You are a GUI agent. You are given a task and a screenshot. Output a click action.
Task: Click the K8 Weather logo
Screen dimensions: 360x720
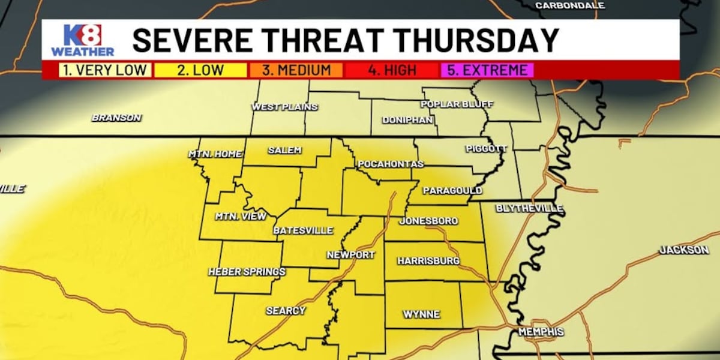click(82, 40)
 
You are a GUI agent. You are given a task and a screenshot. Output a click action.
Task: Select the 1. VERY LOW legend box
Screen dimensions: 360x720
click(106, 70)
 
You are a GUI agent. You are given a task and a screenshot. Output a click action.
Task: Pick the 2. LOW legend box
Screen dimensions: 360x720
click(200, 70)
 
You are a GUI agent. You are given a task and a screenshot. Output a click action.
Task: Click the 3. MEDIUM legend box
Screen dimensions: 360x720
click(296, 70)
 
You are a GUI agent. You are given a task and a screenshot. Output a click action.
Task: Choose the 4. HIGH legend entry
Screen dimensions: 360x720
click(392, 70)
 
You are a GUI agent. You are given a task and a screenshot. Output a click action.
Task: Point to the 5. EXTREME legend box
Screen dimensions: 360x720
click(487, 70)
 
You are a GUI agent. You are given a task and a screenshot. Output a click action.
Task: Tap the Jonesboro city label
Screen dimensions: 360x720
click(428, 221)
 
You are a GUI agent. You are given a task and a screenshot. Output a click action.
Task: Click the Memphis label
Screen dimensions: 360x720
click(541, 332)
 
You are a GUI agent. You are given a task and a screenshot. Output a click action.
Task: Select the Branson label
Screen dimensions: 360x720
click(116, 118)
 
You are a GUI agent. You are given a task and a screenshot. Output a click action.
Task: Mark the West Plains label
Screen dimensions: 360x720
click(284, 107)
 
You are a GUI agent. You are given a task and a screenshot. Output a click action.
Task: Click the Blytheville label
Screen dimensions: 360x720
click(529, 208)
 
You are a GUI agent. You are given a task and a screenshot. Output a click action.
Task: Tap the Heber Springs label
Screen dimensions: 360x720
click(247, 272)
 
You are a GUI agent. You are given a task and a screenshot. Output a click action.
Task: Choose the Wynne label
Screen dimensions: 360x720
click(421, 314)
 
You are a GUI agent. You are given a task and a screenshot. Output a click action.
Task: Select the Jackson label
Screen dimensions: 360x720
click(684, 250)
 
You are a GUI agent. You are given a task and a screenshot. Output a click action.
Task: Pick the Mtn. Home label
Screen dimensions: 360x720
click(215, 154)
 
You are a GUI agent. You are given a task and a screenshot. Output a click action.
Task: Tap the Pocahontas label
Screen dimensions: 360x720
click(391, 164)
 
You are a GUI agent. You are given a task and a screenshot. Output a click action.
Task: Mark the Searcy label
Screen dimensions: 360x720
click(286, 311)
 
